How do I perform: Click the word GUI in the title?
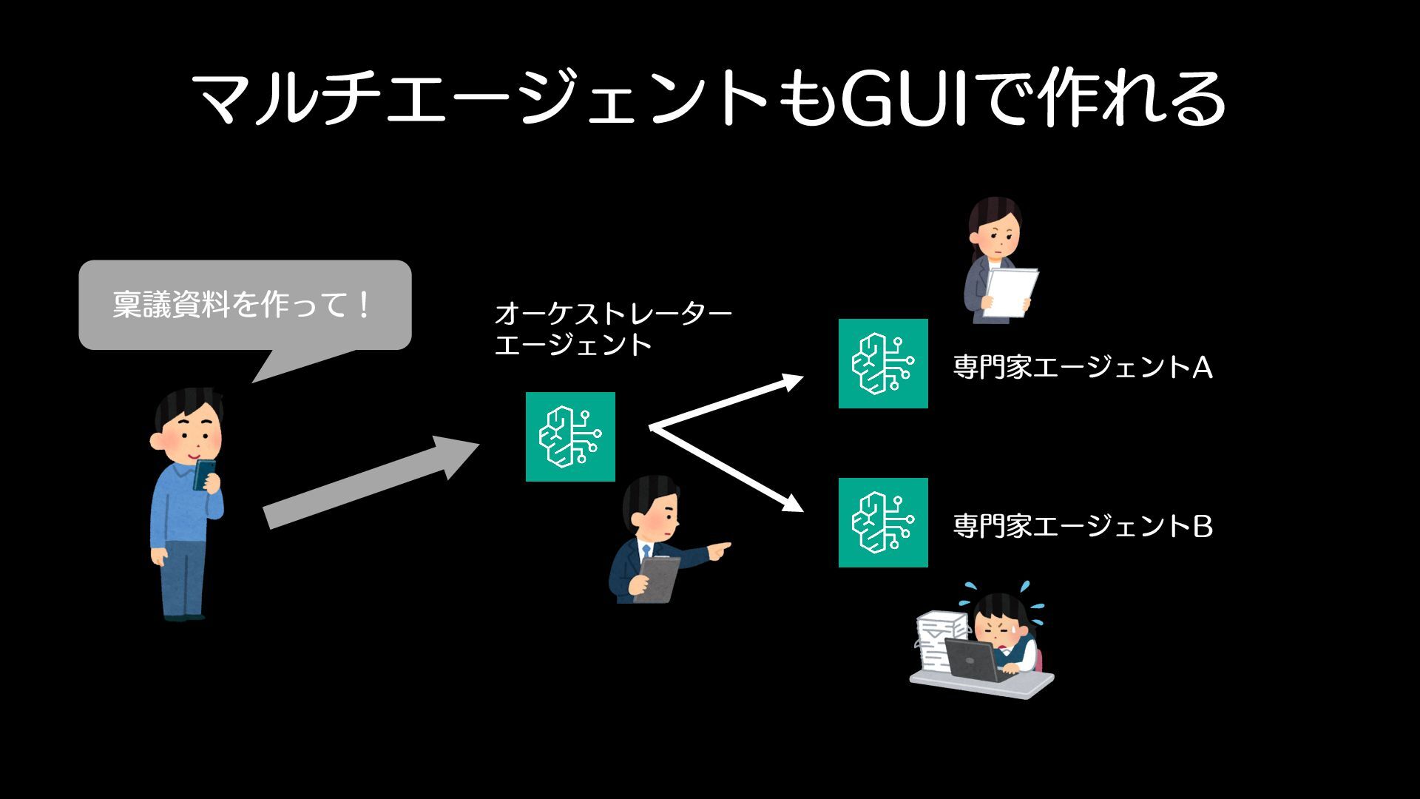(904, 99)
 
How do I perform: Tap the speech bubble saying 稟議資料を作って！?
(244, 305)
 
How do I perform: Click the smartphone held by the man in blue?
(204, 474)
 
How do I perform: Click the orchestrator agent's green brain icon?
(570, 436)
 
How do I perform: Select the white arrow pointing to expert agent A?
(728, 404)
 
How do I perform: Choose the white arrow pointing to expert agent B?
(728, 471)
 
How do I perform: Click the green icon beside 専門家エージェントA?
(883, 363)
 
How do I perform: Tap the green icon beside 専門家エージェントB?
(883, 522)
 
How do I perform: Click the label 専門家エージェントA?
(1083, 367)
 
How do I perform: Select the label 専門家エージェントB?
(1083, 526)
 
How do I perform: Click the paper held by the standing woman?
(1010, 291)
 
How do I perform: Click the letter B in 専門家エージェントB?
(1203, 526)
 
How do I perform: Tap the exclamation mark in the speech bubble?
(362, 305)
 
